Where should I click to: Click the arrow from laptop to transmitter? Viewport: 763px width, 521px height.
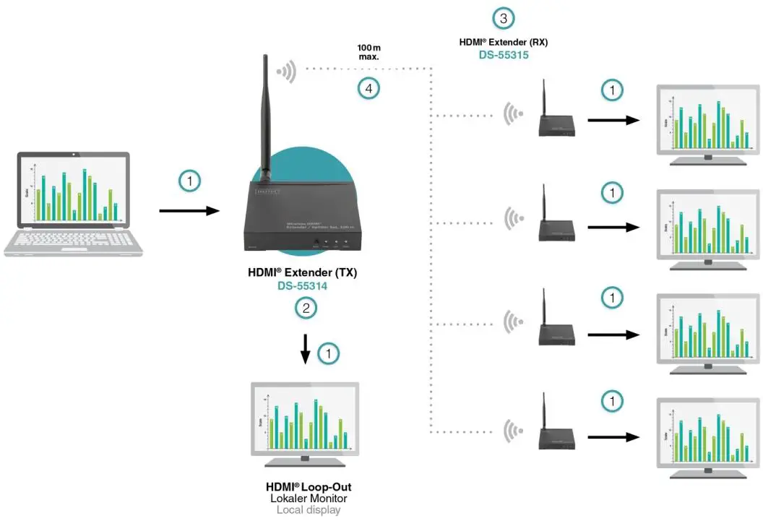[x=189, y=211]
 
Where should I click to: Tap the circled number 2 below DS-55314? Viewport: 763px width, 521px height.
[x=306, y=309]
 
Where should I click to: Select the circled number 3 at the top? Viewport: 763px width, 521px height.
[x=504, y=18]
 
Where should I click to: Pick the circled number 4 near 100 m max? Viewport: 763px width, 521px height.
[x=368, y=89]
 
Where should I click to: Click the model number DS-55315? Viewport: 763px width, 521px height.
[x=504, y=55]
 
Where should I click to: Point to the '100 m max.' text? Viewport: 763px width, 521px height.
[x=368, y=52]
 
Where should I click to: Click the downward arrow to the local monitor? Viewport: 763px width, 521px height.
[x=306, y=348]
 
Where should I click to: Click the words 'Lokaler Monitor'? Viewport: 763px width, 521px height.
[x=309, y=499]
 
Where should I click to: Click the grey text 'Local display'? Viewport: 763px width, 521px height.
[x=309, y=510]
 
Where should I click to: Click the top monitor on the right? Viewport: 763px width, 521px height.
[x=707, y=124]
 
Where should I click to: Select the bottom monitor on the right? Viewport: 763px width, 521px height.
[x=707, y=437]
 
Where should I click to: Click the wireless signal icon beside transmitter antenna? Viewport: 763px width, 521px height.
[x=287, y=71]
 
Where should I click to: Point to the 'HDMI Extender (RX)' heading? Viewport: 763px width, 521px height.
[x=504, y=42]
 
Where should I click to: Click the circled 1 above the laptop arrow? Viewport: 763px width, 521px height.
[x=189, y=181]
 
